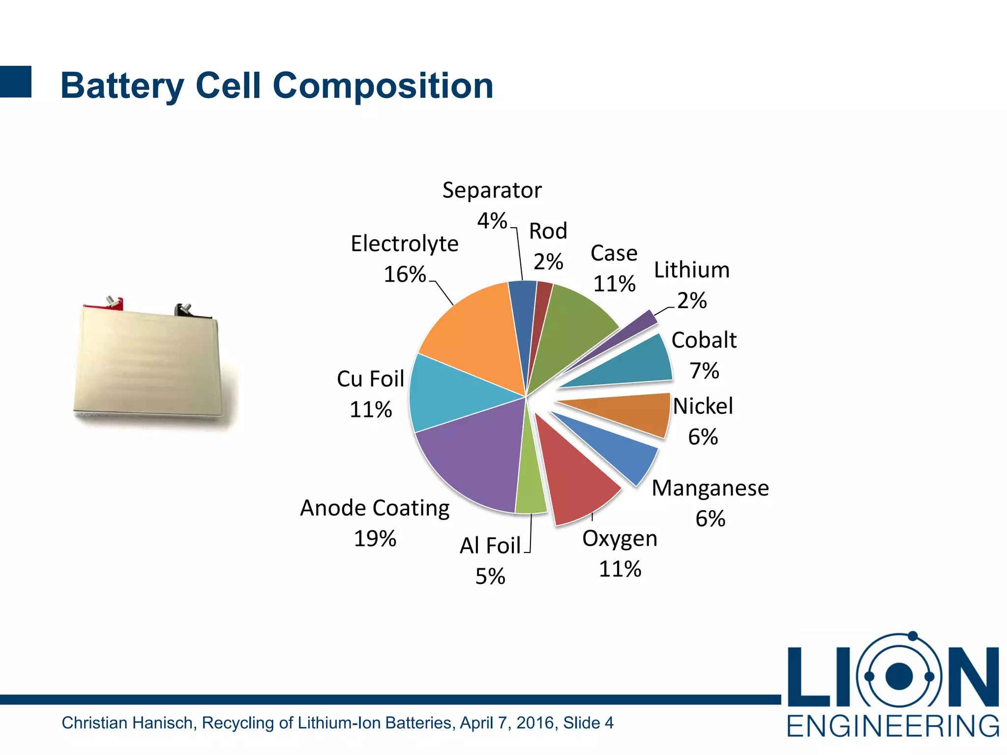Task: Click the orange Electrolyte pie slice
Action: point(472,334)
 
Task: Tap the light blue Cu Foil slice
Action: point(447,393)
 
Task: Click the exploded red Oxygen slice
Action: point(575,477)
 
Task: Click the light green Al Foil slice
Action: point(530,482)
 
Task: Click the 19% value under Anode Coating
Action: point(375,539)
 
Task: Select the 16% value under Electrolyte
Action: point(404,274)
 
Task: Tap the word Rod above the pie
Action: point(548,231)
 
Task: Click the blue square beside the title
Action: point(16,82)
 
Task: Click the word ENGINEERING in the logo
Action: point(893,726)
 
